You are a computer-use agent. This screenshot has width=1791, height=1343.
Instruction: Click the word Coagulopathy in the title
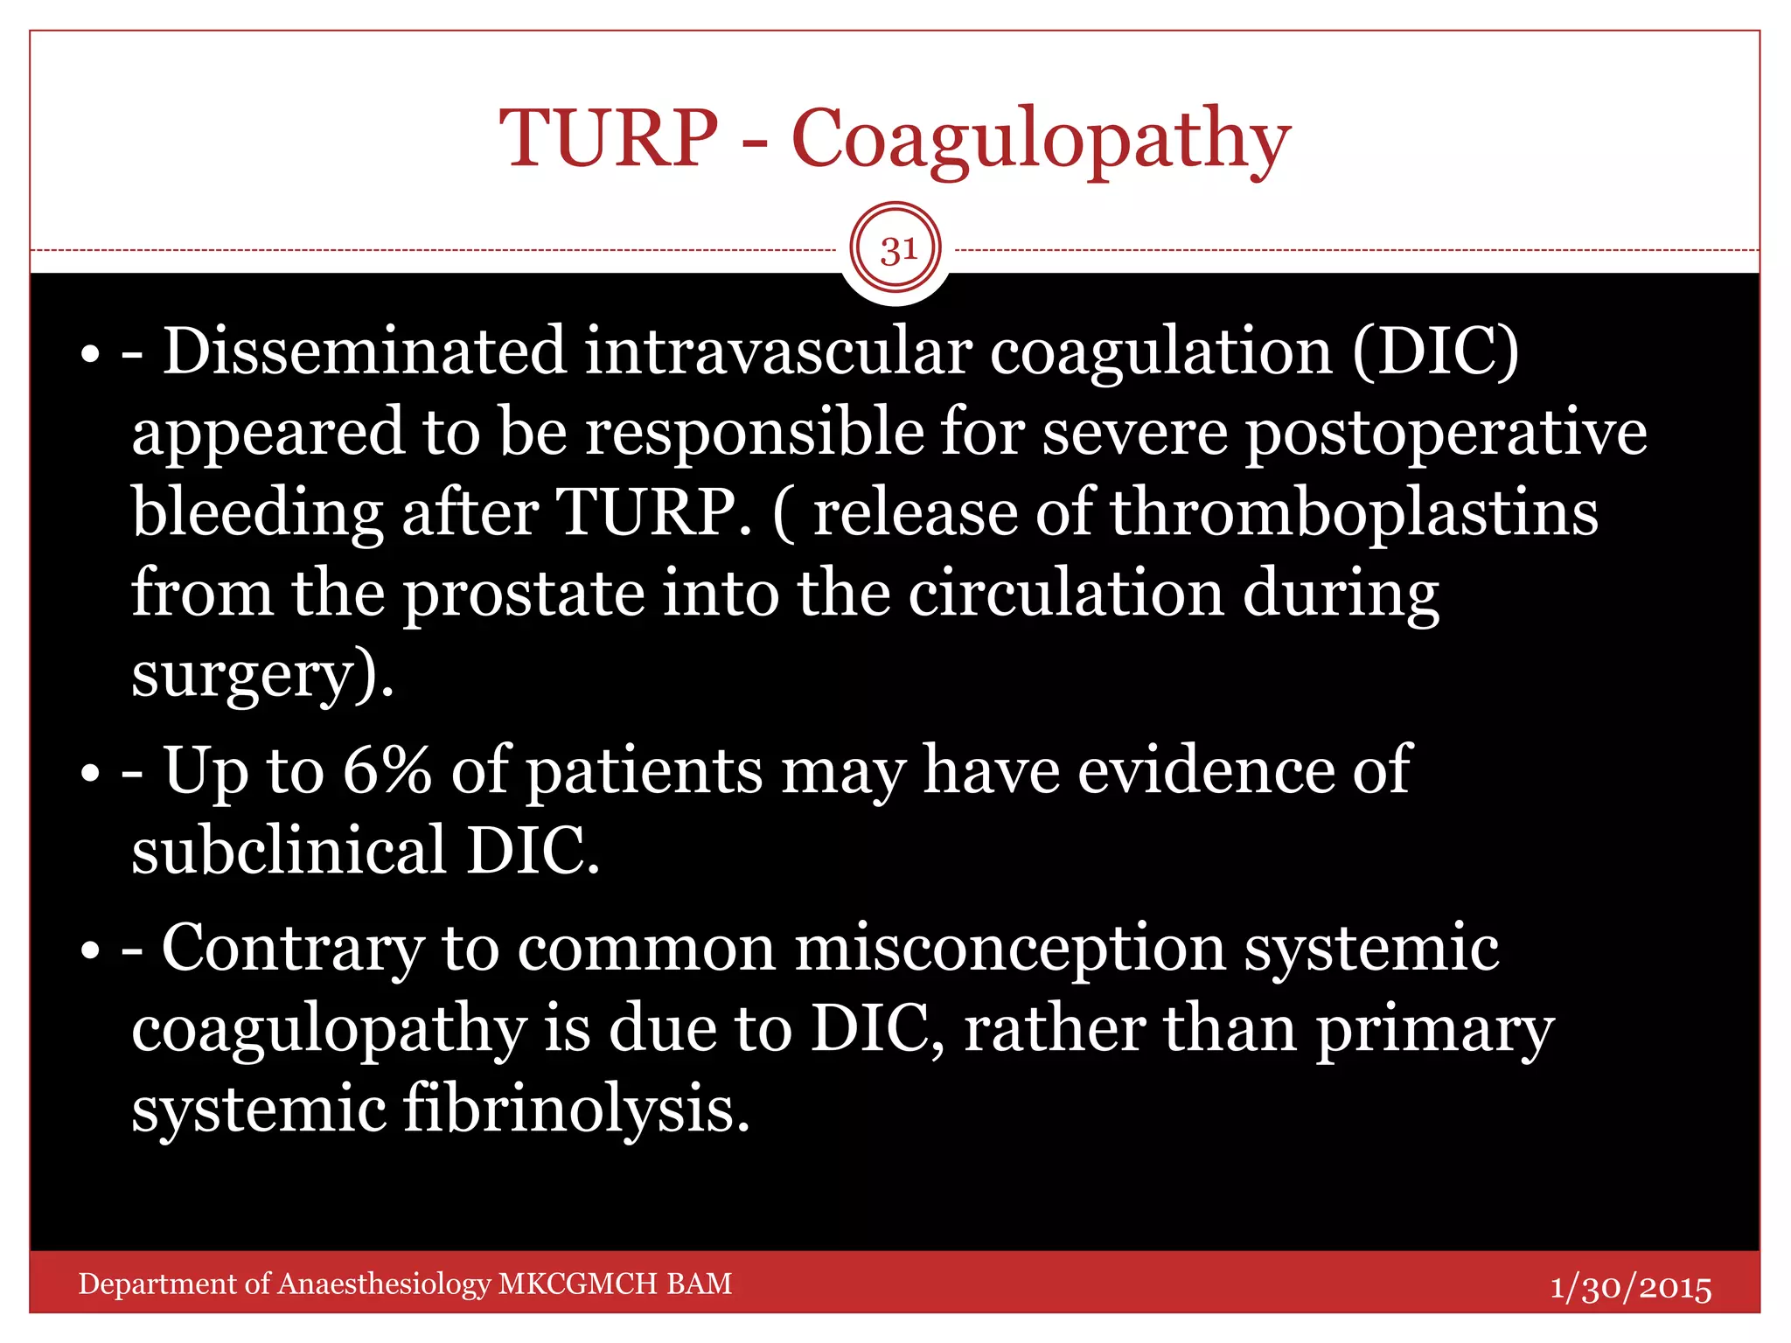pyautogui.click(x=1041, y=140)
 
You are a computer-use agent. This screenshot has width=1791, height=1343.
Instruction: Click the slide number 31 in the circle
pyautogui.click(x=898, y=250)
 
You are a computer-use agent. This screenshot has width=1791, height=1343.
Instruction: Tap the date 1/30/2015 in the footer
pyautogui.click(x=1631, y=1288)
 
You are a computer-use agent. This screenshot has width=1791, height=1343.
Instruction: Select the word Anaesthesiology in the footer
pyautogui.click(x=384, y=1284)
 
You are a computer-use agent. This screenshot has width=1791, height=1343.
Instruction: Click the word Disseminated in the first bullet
pyautogui.click(x=365, y=351)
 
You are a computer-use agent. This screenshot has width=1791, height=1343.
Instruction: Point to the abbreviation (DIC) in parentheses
pyautogui.click(x=1435, y=351)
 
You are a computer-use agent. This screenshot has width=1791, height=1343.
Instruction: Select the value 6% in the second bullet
pyautogui.click(x=387, y=770)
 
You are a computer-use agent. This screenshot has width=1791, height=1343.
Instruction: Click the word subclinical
pyautogui.click(x=289, y=851)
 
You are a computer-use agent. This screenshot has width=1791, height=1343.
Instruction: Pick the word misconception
pyautogui.click(x=1009, y=949)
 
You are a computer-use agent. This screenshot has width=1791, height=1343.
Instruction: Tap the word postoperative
pyautogui.click(x=1445, y=433)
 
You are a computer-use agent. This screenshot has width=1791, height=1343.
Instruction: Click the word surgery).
pyautogui.click(x=261, y=676)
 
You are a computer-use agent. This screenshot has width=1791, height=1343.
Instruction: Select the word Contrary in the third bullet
pyautogui.click(x=293, y=949)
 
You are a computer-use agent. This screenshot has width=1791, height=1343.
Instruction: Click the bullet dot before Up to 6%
pyautogui.click(x=90, y=774)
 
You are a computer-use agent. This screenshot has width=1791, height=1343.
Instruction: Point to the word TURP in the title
pyautogui.click(x=609, y=140)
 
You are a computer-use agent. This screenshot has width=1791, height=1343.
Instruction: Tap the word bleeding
pyautogui.click(x=257, y=514)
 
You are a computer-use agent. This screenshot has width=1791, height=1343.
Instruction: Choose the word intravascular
pyautogui.click(x=777, y=351)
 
